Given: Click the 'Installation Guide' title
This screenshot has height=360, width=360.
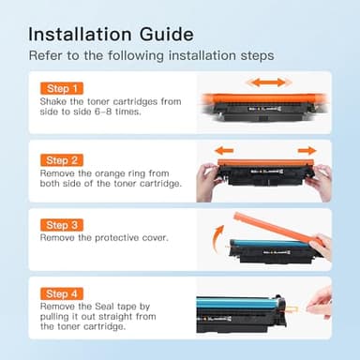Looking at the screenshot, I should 111,34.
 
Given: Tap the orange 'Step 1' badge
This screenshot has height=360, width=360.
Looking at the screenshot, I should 59,88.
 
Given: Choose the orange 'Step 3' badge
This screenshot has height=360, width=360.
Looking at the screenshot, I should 59,226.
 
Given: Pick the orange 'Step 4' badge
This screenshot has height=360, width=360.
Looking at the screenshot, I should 59,293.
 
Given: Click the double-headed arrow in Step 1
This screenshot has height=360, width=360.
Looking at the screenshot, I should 266,82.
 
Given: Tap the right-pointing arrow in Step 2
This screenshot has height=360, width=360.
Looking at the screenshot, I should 307,150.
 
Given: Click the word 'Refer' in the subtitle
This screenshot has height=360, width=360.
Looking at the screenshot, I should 45,56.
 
